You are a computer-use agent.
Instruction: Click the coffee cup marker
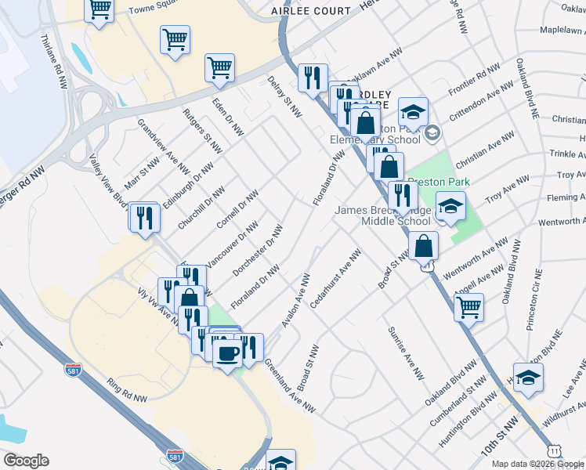227,352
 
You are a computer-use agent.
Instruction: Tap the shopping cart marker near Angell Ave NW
468,305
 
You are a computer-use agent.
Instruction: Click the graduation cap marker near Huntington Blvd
528,376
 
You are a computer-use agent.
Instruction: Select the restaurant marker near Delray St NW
313,77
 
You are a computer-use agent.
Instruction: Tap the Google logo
26,461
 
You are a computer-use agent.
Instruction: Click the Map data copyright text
537,464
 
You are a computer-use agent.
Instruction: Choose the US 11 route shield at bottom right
554,451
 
